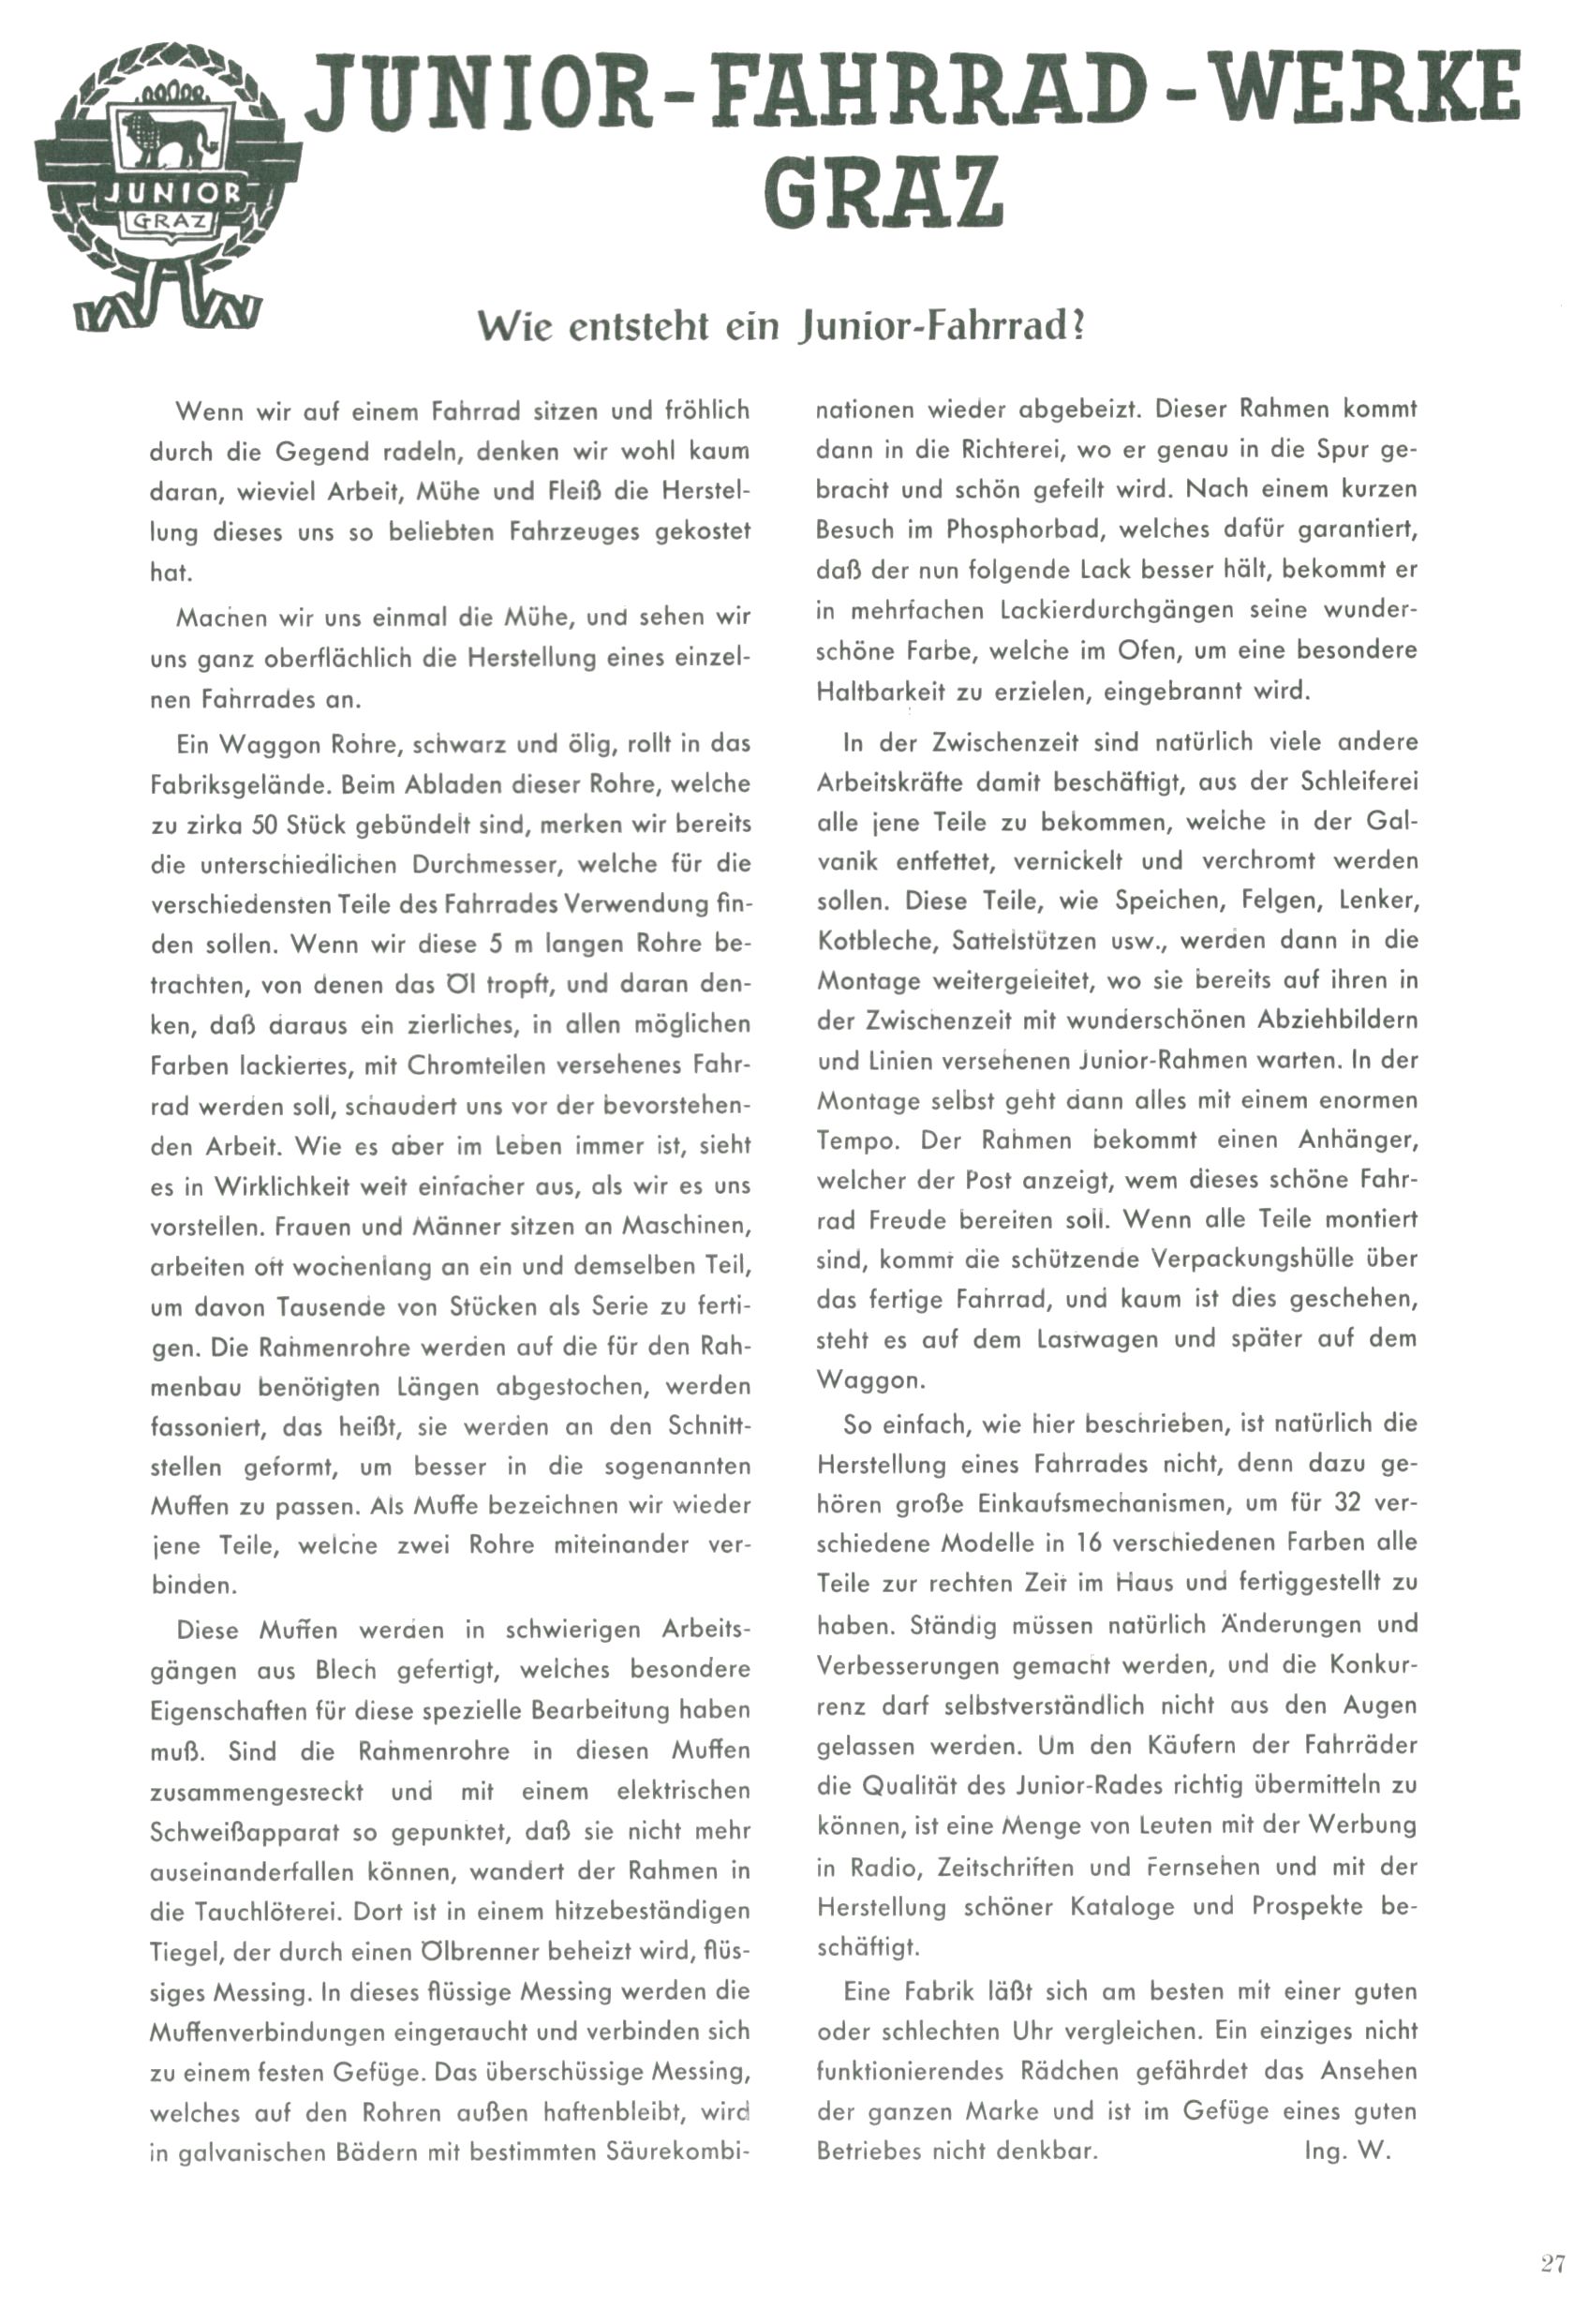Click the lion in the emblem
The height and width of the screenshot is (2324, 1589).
[168, 137]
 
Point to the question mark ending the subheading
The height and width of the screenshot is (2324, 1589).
[1077, 327]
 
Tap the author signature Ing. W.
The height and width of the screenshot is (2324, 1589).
[1347, 2151]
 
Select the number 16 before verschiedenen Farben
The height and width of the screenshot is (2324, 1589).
[1088, 1543]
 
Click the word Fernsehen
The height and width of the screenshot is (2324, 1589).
[1207, 1867]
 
